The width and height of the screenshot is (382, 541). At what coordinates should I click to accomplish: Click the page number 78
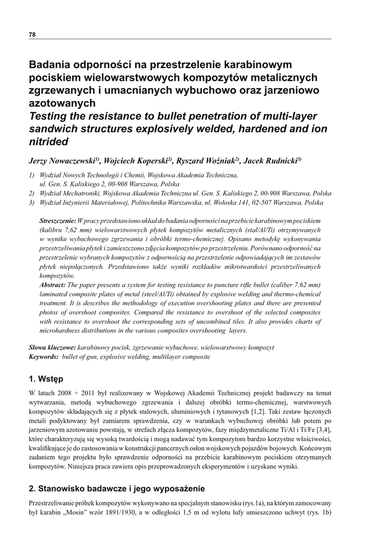(x=32, y=34)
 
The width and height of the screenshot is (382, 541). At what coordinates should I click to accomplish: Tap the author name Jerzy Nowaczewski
(x=64, y=160)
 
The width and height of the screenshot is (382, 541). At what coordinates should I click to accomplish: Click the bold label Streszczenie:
(x=58, y=220)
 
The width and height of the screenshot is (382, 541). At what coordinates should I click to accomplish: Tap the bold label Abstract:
(x=53, y=284)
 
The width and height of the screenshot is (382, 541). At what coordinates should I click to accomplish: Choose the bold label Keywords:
(x=43, y=357)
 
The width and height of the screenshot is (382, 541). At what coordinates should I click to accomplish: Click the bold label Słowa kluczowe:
(x=52, y=348)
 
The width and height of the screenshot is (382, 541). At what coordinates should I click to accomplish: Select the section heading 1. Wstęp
(x=46, y=379)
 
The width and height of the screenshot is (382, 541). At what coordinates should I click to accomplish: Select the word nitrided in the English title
(x=49, y=142)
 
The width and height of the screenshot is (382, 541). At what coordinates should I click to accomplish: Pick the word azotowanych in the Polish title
(x=62, y=103)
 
